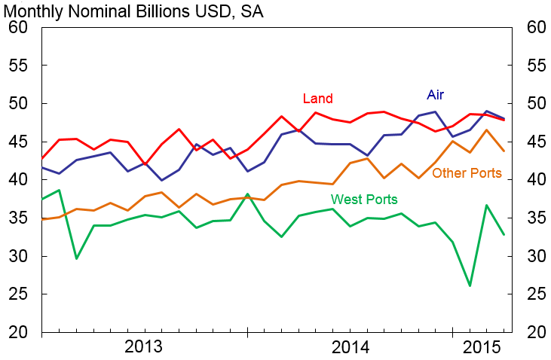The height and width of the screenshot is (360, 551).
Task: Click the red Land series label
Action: (317, 99)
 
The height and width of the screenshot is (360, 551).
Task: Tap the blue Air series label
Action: (435, 95)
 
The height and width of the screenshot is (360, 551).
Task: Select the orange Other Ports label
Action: (467, 173)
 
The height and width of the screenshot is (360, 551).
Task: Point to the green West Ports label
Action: (364, 199)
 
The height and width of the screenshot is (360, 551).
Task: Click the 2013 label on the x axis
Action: (144, 347)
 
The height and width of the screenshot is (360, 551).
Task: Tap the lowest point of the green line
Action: (470, 285)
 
